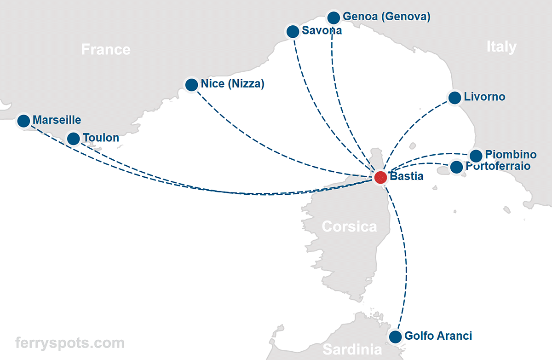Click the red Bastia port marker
click(380, 177)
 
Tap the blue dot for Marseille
click(23, 121)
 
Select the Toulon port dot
click(74, 138)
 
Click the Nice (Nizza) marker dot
click(191, 85)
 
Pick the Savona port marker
click(293, 31)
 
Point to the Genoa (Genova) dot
click(333, 18)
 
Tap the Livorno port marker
click(454, 98)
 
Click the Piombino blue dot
click(476, 156)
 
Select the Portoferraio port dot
click(456, 167)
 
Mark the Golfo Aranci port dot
click(395, 337)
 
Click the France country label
click(106, 49)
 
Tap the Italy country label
click(501, 46)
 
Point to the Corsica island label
click(349, 226)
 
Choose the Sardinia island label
click(352, 349)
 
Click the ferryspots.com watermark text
click(70, 343)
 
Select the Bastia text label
click(406, 176)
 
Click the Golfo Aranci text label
click(438, 336)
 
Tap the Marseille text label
click(57, 120)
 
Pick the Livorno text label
click(484, 97)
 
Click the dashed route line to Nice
click(258, 138)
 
